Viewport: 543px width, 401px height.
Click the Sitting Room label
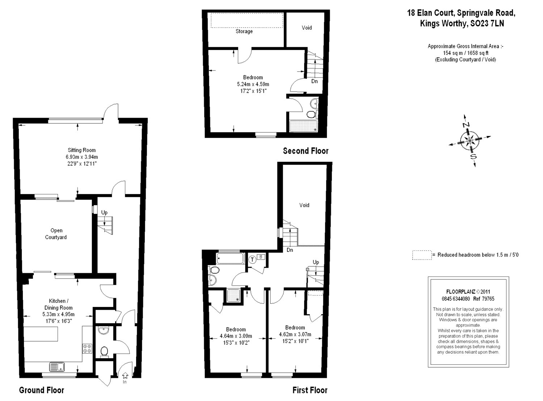point(81,150)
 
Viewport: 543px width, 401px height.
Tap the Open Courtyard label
point(56,234)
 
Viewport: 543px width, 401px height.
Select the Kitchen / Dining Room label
point(58,304)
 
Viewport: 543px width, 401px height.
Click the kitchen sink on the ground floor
point(57,367)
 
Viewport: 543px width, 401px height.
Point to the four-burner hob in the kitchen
point(87,348)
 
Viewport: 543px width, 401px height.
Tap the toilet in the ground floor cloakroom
point(104,351)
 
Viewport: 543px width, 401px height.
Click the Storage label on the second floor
point(244,31)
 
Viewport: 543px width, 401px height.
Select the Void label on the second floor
point(307,28)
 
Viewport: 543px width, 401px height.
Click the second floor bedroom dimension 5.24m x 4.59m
point(253,84)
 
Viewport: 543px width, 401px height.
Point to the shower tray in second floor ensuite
point(303,126)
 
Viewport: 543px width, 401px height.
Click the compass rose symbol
point(470,140)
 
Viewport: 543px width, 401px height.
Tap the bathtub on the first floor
point(231,259)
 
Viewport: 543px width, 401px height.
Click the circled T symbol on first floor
point(252,259)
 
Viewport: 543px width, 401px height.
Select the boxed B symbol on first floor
point(261,257)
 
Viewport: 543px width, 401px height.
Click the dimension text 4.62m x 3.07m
point(295,334)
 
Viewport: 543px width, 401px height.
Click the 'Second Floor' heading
point(306,151)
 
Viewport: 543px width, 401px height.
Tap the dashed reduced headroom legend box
point(421,255)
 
